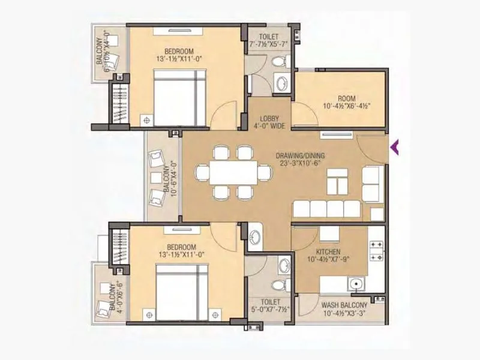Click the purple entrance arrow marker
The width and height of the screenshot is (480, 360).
tap(395, 146)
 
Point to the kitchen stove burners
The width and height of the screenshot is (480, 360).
tap(376, 251)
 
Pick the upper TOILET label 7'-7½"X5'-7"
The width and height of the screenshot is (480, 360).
tap(269, 40)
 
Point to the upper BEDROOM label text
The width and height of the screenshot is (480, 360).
tap(163, 51)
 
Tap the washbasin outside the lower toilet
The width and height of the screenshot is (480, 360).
tap(254, 235)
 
